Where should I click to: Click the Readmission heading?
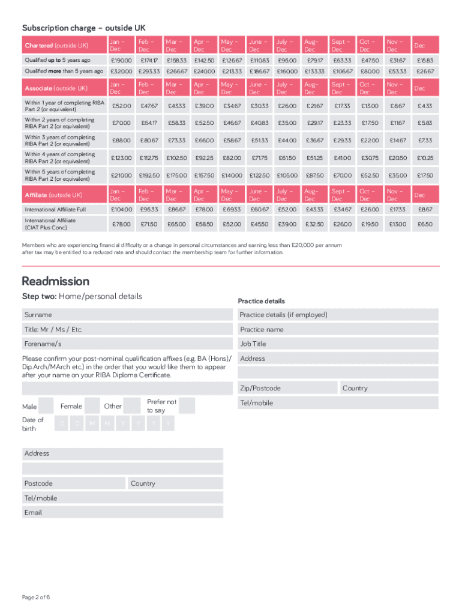point(56,282)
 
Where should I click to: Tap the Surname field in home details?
point(127,315)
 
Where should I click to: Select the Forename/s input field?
point(127,344)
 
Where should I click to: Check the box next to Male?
point(46,406)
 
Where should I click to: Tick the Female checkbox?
point(92,405)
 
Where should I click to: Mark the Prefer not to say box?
point(187,405)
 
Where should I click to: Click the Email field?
point(122,512)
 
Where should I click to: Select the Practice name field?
point(338,330)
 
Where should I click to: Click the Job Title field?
point(338,344)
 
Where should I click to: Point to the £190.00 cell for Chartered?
point(122,61)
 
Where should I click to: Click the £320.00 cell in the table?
point(122,71)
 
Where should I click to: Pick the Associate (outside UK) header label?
point(56,88)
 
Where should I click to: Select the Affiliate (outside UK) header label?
point(54,195)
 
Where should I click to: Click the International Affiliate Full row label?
point(55,210)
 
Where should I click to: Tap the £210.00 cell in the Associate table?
point(122,175)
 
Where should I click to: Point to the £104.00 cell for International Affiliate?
point(122,210)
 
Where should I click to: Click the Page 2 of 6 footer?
point(36,597)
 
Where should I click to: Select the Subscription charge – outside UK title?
point(83,28)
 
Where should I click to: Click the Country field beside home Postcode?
point(175,483)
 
